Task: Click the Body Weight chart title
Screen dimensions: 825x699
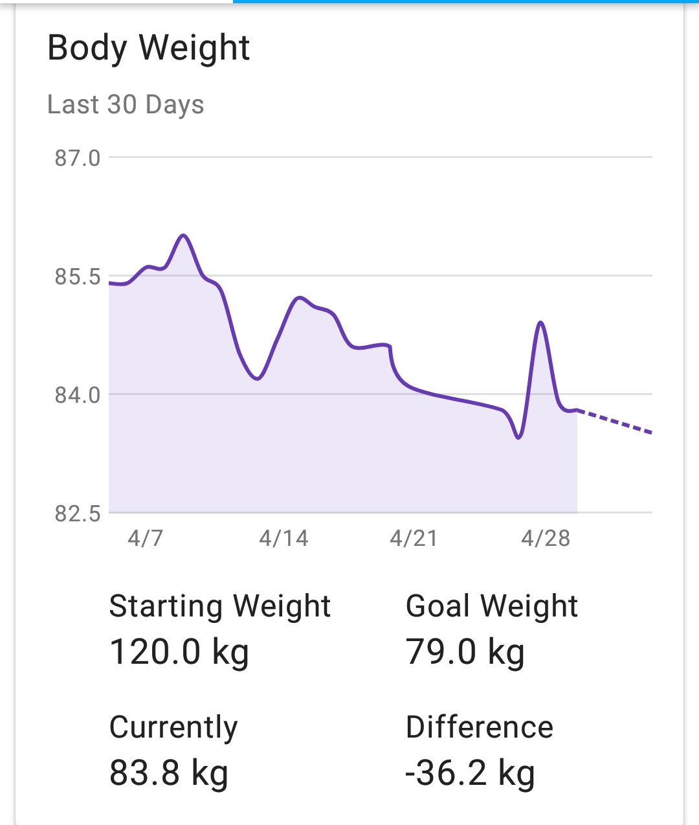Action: pos(148,49)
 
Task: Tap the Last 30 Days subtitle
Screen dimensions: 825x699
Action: pos(126,104)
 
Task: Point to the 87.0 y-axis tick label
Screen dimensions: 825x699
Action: pos(78,158)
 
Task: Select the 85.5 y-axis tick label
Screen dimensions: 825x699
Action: pos(78,277)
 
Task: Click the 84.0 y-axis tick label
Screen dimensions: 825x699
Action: pos(78,395)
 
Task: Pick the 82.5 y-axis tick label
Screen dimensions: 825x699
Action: pos(78,514)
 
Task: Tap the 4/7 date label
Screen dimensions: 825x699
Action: pos(145,538)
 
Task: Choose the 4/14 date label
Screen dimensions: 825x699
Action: pos(283,538)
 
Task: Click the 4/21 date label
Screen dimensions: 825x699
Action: pos(414,538)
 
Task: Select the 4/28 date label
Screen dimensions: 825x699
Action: pos(546,538)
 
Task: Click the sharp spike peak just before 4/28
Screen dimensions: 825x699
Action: pos(540,322)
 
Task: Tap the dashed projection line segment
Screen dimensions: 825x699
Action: pos(615,422)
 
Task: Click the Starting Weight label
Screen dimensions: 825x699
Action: pos(220,607)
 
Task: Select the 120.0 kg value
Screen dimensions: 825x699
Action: pos(179,651)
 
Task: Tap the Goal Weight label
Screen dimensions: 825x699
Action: pos(492,607)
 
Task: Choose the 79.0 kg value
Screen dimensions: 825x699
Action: pos(465,651)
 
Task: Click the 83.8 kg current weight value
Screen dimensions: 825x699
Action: pos(169,773)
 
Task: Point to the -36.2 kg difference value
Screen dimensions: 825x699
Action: pos(471,773)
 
